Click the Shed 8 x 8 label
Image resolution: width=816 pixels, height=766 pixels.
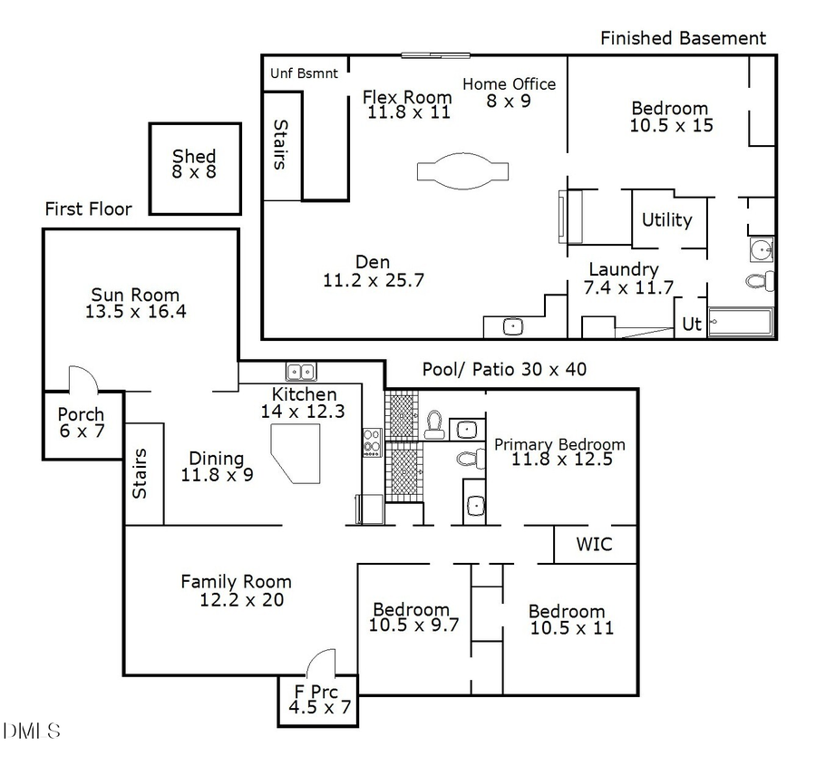(x=194, y=164)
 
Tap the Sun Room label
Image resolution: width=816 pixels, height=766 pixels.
(x=135, y=304)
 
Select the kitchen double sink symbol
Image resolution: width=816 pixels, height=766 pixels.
(x=300, y=371)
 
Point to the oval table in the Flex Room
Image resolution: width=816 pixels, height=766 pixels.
(x=462, y=171)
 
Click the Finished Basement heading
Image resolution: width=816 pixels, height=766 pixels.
(x=683, y=38)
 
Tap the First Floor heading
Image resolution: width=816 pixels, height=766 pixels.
(x=88, y=209)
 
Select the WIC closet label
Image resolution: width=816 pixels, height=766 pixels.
(x=594, y=545)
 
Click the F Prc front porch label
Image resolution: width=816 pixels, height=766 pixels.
(x=317, y=700)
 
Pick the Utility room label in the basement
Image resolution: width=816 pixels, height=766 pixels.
(x=666, y=219)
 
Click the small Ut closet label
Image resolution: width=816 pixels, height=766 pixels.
(x=691, y=324)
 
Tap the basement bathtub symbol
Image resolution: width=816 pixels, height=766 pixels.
(x=740, y=323)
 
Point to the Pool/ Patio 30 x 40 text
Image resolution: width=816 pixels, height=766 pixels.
(x=504, y=370)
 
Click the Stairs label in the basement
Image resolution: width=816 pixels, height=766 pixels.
(x=280, y=145)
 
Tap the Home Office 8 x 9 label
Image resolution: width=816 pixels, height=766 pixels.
(x=509, y=92)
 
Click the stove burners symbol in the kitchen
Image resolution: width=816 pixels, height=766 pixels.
(x=372, y=442)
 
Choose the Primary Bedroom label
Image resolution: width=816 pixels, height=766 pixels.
(x=559, y=451)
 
